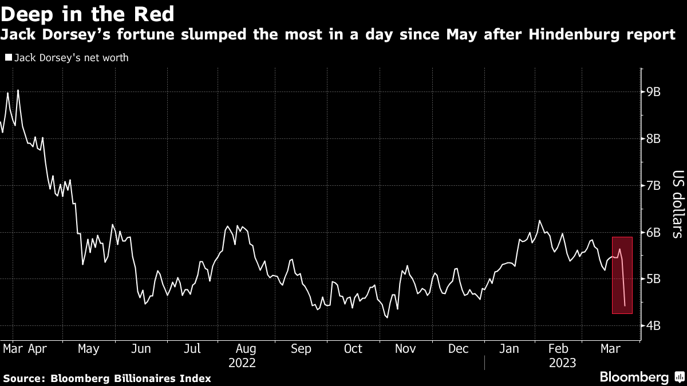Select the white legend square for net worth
click(7, 57)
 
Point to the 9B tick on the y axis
click(653, 91)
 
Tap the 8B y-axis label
click(653, 138)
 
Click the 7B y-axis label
click(653, 185)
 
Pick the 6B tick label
click(653, 232)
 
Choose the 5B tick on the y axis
click(653, 279)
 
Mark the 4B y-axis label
click(653, 326)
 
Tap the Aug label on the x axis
click(246, 348)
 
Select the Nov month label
click(405, 348)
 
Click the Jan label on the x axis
click(510, 348)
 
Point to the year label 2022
click(242, 363)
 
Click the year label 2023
click(563, 363)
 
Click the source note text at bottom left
click(107, 378)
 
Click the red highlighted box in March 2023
click(622, 274)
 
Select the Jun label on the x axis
click(141, 348)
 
